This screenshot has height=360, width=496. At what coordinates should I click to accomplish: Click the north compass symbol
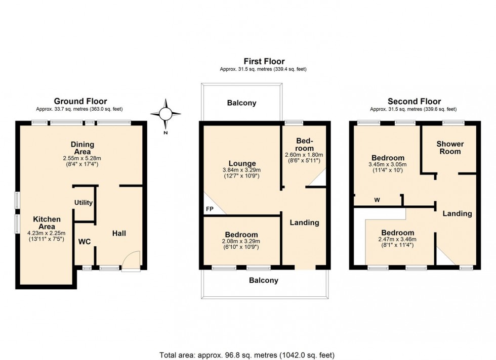[x=166, y=114]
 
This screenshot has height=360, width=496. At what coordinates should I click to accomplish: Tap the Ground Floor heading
[x=80, y=101]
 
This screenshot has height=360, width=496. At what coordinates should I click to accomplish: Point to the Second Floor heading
[x=414, y=101]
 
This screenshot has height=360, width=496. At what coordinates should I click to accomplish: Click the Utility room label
[x=84, y=203]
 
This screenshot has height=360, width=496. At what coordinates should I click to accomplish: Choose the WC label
[x=84, y=242]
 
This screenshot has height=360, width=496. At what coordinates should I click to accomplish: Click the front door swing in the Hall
[x=131, y=259]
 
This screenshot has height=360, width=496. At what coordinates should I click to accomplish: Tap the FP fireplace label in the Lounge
[x=210, y=209]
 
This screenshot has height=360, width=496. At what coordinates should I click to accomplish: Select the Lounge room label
[x=241, y=163]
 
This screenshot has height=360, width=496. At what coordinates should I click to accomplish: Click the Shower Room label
[x=450, y=148]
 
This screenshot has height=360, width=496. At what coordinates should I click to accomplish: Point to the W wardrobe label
[x=377, y=200]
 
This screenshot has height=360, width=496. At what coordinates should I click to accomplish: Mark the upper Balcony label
[x=241, y=103]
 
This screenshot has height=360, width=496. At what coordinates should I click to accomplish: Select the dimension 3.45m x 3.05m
[x=388, y=164]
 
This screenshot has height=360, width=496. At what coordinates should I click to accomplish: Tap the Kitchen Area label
[x=47, y=222]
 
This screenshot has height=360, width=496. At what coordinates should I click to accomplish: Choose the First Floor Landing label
[x=304, y=222]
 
